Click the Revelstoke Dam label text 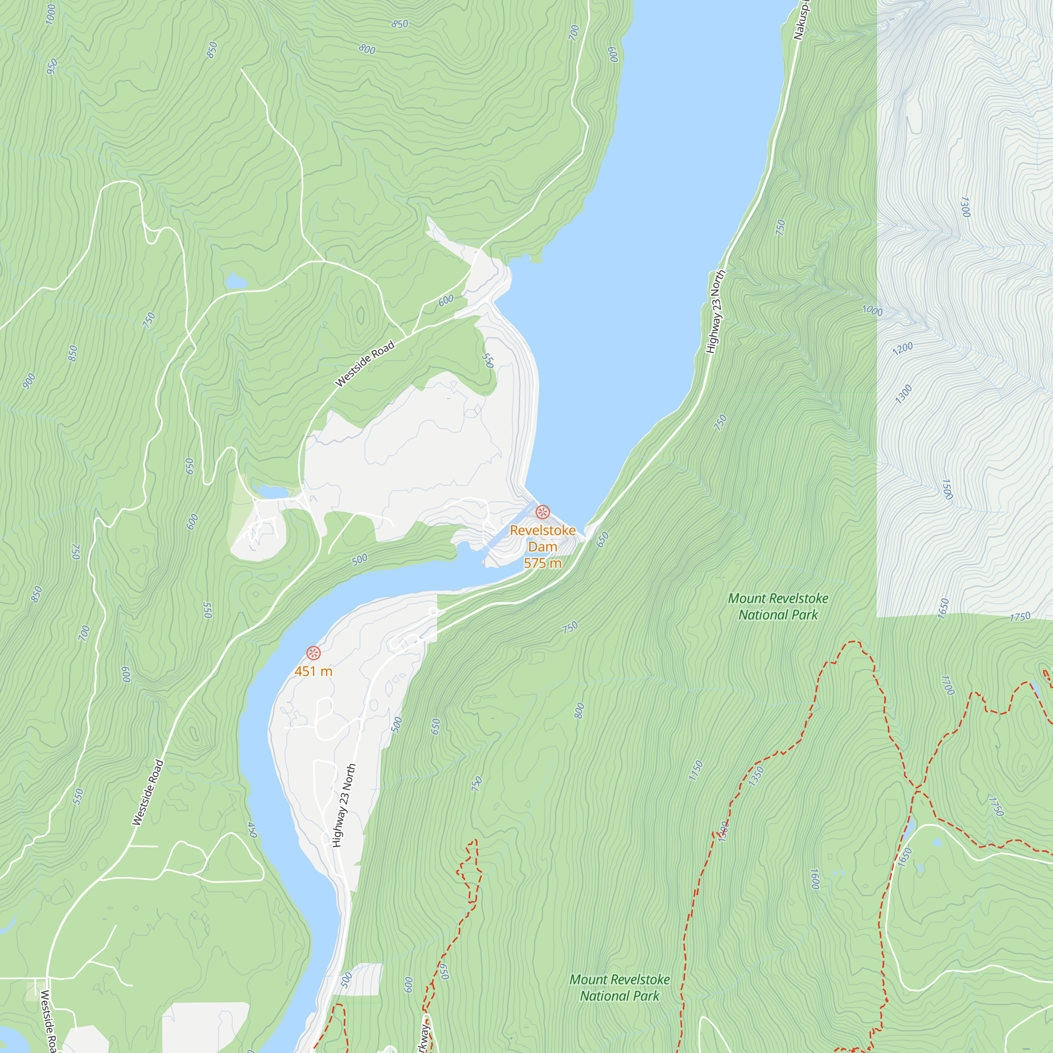[x=542, y=539]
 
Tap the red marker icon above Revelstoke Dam [x=542, y=512]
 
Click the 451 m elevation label [x=313, y=671]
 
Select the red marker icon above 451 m [x=313, y=653]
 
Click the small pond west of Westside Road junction [x=236, y=281]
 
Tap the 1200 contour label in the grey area [x=902, y=348]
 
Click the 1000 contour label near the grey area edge [x=872, y=311]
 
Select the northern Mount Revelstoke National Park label [x=778, y=607]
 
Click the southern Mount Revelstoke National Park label [x=620, y=988]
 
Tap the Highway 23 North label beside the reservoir [x=716, y=312]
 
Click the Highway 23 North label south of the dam [x=344, y=806]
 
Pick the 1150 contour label [x=696, y=771]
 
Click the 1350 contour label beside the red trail [x=757, y=776]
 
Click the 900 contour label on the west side [x=29, y=381]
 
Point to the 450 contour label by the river [x=252, y=830]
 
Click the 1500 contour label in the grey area [x=947, y=490]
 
